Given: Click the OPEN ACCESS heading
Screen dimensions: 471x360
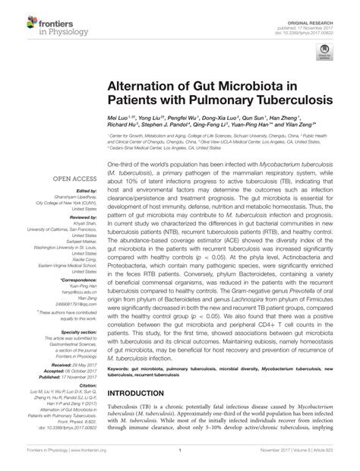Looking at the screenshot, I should [71, 182].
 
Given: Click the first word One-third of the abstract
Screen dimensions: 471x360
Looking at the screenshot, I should [122, 164].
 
